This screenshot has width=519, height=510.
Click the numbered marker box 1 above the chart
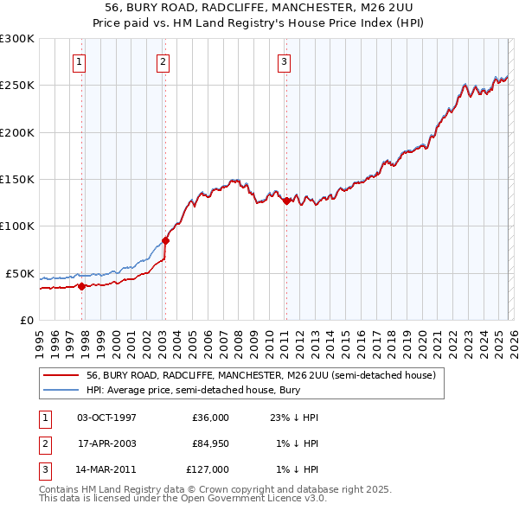click(79, 61)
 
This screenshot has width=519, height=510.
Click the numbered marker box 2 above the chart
click(163, 61)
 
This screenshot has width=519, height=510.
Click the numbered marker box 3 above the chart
click(283, 61)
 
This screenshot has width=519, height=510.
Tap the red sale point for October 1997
click(81, 286)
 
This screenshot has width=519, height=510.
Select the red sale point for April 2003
click(165, 241)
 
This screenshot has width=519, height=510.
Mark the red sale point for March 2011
click(285, 201)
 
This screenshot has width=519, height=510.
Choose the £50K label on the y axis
click(21, 273)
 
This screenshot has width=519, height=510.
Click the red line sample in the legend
click(61, 375)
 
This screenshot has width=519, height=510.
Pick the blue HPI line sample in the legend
click(61, 390)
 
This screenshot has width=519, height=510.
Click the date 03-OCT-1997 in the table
click(106, 418)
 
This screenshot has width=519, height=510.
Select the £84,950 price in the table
click(210, 443)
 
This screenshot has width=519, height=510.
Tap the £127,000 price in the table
click(208, 469)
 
